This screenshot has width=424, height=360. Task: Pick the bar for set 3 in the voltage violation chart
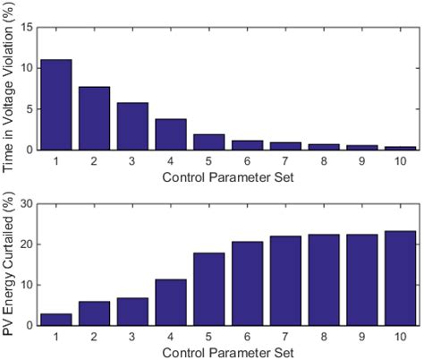coord(132,126)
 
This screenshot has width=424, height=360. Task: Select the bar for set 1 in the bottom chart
coord(55,320)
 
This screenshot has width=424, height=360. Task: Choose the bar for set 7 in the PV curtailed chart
coord(286,281)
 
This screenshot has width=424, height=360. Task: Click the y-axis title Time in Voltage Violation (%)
coord(9,88)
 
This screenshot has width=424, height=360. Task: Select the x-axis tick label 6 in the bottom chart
coord(248,336)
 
